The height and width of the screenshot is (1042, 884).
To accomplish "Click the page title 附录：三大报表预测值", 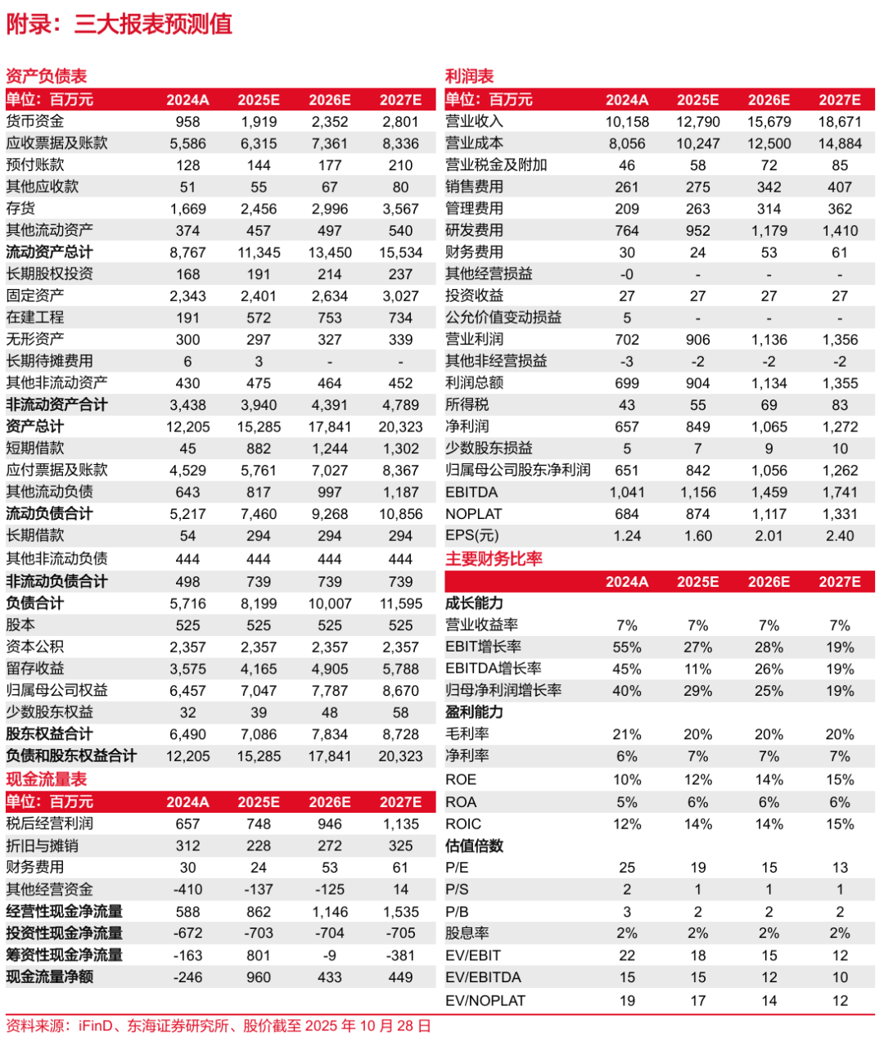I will (x=120, y=24).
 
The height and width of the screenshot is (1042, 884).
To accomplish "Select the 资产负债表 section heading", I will (x=47, y=76).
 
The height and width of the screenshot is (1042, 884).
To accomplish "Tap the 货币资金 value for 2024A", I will (x=187, y=122).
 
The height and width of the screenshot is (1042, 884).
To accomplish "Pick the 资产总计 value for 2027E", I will (x=400, y=426).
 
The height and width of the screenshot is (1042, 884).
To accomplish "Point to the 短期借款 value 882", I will (x=259, y=449).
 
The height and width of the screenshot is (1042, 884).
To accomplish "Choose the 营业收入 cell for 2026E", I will (x=769, y=122).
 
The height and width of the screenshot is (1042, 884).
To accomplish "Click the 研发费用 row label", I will (x=474, y=231).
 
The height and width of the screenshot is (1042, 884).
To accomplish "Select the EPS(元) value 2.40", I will (x=840, y=536).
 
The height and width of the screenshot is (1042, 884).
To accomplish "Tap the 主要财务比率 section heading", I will (x=494, y=559).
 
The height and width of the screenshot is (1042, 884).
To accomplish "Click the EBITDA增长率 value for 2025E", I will (x=697, y=669).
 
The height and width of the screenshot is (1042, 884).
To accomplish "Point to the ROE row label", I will (x=461, y=780).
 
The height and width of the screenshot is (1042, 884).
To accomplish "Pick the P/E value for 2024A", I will (x=627, y=868).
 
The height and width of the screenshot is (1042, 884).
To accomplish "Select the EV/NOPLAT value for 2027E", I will (x=840, y=1000).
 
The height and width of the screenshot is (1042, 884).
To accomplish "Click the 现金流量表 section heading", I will (x=47, y=779).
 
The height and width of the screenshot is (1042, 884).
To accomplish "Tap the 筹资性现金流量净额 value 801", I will (x=259, y=955).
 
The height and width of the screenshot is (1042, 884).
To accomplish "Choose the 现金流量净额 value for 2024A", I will (x=187, y=977).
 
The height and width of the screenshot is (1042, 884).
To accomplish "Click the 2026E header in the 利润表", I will (x=769, y=100).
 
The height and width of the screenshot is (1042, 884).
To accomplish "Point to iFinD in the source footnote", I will (x=96, y=1026).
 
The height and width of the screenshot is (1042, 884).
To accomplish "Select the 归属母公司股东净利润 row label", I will (x=518, y=471).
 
